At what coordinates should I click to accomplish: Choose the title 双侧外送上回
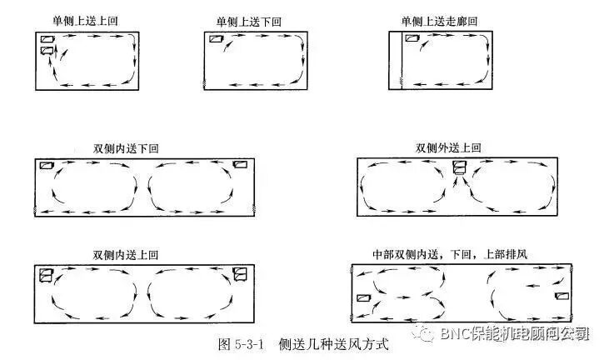tap(448, 148)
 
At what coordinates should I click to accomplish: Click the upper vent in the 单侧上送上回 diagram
tap(47, 39)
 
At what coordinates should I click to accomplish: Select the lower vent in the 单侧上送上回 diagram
tap(47, 52)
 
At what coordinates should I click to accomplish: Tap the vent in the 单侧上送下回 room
tap(217, 39)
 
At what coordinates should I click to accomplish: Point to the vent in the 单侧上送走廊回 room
tap(412, 39)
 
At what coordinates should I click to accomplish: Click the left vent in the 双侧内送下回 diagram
tap(47, 165)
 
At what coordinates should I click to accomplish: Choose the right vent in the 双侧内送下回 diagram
tap(241, 165)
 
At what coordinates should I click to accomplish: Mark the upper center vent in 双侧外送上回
tap(459, 167)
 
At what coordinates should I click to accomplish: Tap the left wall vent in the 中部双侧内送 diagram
tap(363, 297)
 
